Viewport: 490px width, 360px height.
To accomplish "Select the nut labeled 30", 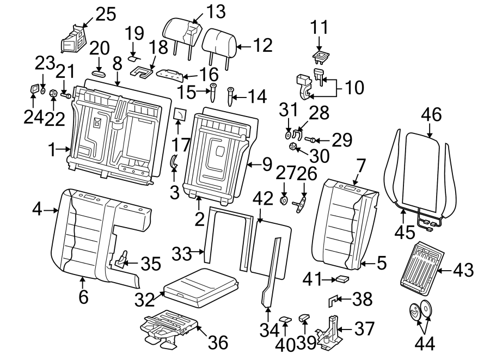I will [x=292, y=146].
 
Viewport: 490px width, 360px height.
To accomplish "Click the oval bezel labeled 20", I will [x=100, y=71].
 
